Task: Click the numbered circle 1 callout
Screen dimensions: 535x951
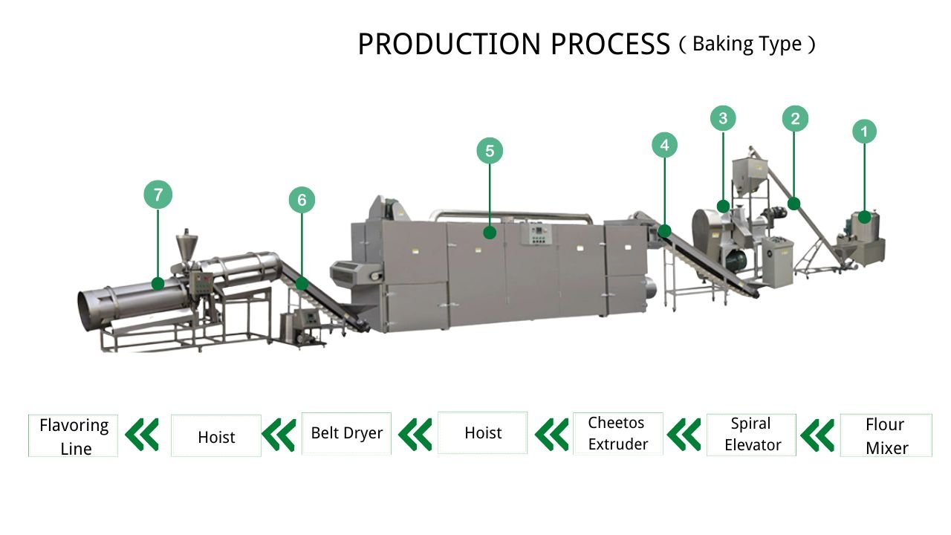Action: tap(864, 132)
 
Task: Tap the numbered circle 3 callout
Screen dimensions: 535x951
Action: tap(723, 118)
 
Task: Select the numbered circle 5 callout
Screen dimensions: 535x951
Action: tap(490, 152)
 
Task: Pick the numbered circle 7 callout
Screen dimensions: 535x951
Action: tap(158, 195)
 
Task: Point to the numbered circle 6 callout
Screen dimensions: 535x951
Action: tap(302, 200)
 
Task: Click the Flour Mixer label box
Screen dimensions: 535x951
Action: tap(886, 435)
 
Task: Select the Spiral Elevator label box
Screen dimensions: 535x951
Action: tap(751, 435)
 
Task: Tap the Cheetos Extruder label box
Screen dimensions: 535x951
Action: tap(617, 434)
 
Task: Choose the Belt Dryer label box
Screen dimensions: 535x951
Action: tap(346, 433)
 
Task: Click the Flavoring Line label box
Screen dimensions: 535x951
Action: tap(74, 435)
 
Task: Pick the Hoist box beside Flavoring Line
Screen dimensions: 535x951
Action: tap(216, 436)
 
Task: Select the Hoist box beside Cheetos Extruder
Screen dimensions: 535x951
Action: tap(483, 432)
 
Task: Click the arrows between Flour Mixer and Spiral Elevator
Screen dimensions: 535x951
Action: tap(817, 435)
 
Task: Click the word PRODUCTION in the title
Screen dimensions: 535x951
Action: tap(450, 45)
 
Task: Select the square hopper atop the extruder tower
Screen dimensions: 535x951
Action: tap(745, 174)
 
